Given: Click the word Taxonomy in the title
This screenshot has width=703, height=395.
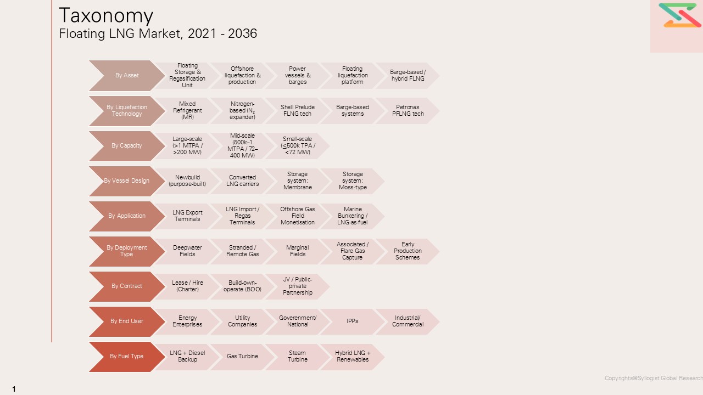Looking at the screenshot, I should click(106, 15).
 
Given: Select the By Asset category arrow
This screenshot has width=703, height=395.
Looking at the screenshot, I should click(126, 76).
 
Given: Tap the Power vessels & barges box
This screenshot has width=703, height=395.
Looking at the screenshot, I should click(297, 76).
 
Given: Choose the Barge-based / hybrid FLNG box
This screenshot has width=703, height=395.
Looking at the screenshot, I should click(408, 76).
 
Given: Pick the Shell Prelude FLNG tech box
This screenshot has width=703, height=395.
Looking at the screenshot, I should click(297, 111).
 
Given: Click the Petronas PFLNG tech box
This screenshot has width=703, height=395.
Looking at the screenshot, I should click(408, 111).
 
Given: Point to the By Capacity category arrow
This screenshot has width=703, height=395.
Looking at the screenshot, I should click(126, 146).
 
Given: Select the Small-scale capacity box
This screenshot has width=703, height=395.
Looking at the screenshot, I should click(297, 146).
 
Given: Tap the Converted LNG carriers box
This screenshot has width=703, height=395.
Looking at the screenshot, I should click(242, 181).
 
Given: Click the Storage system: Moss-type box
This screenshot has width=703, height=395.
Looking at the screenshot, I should click(353, 181).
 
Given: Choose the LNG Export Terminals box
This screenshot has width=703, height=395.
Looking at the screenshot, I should click(187, 216).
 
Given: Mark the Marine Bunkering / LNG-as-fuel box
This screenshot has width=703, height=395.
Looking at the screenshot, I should click(353, 216).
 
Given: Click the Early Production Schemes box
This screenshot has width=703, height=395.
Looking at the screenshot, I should click(408, 251).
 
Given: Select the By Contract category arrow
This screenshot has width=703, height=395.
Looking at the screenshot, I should click(126, 286).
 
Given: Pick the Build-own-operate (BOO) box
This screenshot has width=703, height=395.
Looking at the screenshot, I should click(242, 286).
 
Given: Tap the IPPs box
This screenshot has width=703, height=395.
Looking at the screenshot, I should click(353, 321).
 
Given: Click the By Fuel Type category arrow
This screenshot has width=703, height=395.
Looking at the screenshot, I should click(126, 357).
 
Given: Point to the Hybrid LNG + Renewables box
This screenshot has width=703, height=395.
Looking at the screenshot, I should click(353, 357).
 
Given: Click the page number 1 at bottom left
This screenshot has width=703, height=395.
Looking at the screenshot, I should click(14, 390).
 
